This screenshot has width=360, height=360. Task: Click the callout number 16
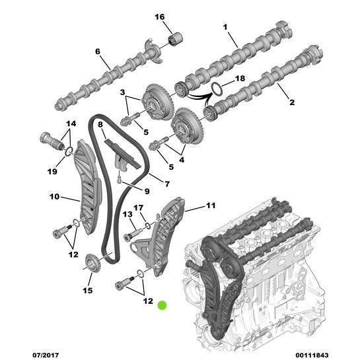(x=159, y=17)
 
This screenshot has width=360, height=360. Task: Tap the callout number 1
(x=225, y=27)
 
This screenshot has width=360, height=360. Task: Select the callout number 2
(x=291, y=102)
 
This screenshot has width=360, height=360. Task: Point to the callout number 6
(x=97, y=52)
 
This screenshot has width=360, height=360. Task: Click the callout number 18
(x=239, y=79)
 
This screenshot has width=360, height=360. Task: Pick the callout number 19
(x=52, y=172)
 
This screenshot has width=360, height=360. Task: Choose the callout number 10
(x=55, y=196)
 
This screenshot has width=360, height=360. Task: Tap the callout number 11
(x=210, y=206)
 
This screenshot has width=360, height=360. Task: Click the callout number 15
(x=88, y=290)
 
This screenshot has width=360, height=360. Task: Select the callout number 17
(x=139, y=207)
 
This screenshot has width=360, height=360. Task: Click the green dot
(x=162, y=305)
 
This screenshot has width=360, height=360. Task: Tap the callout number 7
(x=167, y=184)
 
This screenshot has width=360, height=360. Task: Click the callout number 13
(x=128, y=214)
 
